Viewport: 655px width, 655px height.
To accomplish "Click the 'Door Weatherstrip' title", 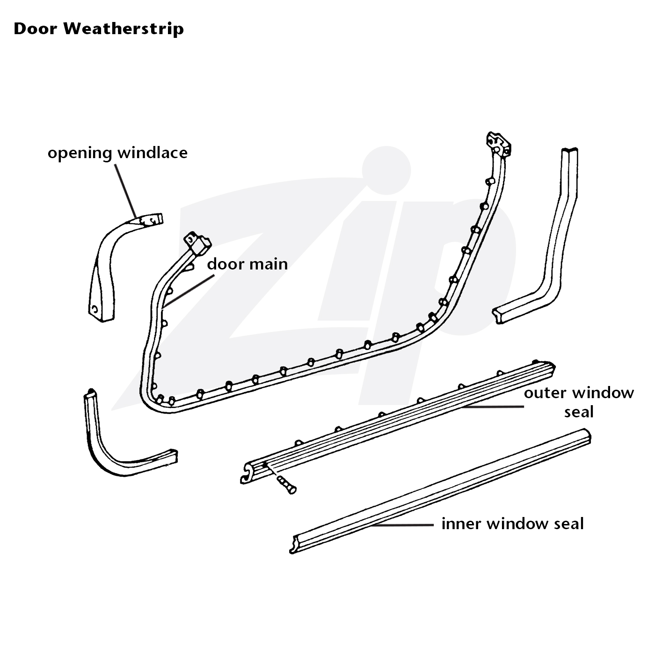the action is point(99,29).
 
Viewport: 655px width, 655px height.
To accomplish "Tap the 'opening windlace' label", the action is point(117,153).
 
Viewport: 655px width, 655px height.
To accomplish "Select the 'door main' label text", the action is point(247,264).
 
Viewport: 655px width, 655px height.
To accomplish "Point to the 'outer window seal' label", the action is point(579,402).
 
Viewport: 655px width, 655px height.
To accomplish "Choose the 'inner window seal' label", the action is point(513,524).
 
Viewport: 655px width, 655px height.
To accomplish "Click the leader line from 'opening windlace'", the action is point(126,191).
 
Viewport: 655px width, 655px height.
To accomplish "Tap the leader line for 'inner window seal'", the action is point(402,525).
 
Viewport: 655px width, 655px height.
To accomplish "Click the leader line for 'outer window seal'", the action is point(493,406).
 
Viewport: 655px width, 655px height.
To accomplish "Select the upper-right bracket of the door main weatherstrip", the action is point(499,145).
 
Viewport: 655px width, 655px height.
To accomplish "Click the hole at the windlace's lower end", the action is point(94,309).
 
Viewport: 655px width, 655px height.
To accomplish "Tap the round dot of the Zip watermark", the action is point(386,170).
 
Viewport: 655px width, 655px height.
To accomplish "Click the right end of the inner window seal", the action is point(588,436).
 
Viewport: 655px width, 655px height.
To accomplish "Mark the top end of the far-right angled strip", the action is point(570,150).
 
